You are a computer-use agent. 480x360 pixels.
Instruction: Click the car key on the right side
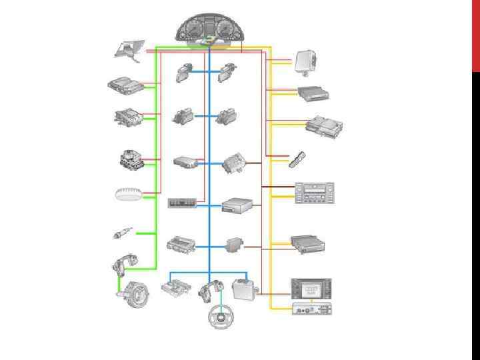click(x=297, y=159)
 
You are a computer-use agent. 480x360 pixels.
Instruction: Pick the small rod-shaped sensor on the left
click(x=121, y=233)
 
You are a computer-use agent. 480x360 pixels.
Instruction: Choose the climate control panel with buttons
click(x=314, y=193)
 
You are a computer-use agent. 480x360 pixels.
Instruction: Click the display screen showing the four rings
click(x=311, y=289)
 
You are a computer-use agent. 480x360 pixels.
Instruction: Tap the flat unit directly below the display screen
click(x=312, y=309)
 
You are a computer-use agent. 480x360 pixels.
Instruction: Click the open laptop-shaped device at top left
click(x=129, y=49)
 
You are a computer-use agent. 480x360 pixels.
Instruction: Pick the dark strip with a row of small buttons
click(x=181, y=203)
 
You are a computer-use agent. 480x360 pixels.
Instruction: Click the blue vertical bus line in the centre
click(x=209, y=167)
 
